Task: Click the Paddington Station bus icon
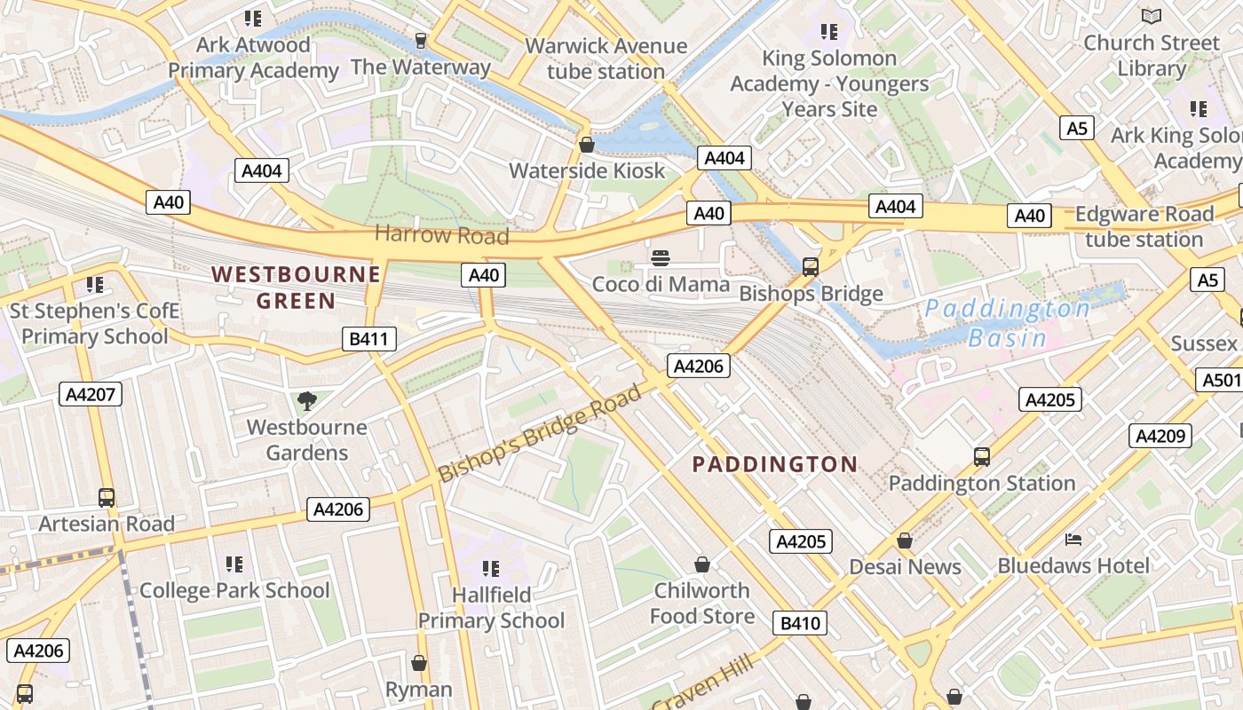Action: (982, 457)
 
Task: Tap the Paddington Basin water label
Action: (1008, 323)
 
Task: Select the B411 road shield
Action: (368, 338)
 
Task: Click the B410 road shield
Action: (800, 623)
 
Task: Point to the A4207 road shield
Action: (91, 394)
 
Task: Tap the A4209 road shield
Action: (1160, 436)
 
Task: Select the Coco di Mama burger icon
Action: (660, 258)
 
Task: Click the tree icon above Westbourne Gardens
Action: (306, 401)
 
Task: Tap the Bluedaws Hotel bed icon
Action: (1073, 540)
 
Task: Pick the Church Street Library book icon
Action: (1152, 16)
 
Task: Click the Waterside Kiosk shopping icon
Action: (586, 144)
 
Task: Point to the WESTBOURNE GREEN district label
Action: (296, 288)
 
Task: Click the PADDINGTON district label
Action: (774, 464)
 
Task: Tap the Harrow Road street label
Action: (442, 235)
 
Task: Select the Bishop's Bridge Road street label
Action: (540, 433)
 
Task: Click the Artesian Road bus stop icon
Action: (107, 498)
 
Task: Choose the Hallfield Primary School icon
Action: (491, 569)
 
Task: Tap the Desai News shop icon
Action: (905, 540)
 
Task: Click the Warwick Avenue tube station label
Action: (606, 59)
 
